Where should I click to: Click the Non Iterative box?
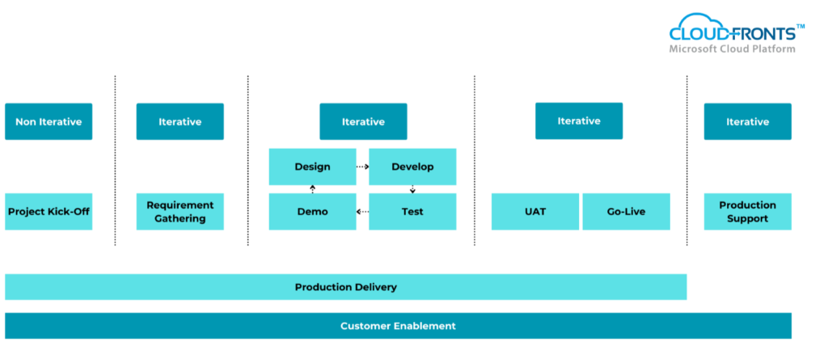point(49,121)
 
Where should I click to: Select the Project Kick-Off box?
point(49,211)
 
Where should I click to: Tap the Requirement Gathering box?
point(180,211)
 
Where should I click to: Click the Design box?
point(313,167)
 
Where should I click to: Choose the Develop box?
point(412,167)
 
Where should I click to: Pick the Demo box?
point(313,211)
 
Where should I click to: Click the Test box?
point(412,211)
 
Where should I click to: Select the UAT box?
point(535,211)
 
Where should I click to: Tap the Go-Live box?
point(627,211)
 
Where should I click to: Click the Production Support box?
point(748,211)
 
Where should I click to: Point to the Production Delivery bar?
point(346,287)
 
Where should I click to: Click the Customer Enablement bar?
point(398,326)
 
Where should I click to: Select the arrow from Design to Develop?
point(363,167)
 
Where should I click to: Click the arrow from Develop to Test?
point(412,189)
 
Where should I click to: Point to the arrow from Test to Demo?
point(363,212)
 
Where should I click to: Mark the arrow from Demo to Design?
point(313,188)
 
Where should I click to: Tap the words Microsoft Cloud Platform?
point(733,49)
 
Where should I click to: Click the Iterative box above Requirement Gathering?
point(180,121)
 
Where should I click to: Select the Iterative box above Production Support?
point(748,121)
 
